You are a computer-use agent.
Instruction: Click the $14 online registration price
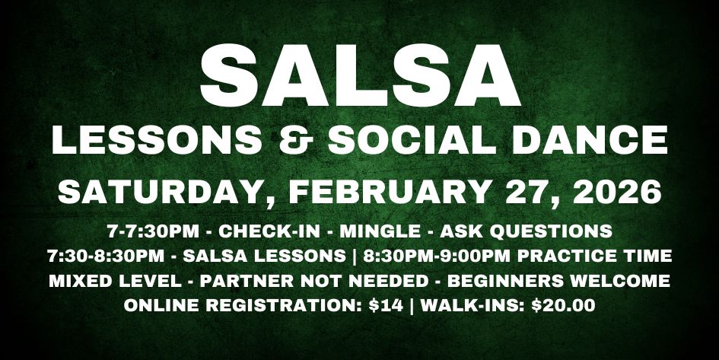click(x=383, y=306)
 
